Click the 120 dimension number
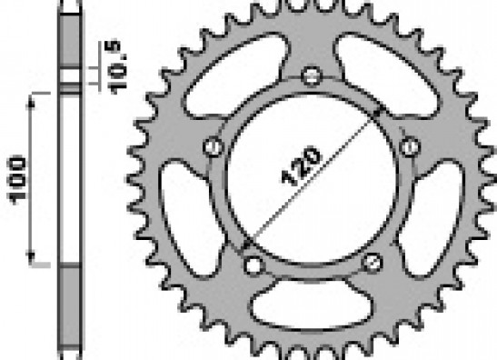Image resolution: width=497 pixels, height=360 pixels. [x=301, y=165]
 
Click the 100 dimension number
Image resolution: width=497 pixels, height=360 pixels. [x=16, y=180]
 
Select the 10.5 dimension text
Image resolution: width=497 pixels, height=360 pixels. [x=116, y=67]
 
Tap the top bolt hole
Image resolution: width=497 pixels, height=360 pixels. [x=312, y=76]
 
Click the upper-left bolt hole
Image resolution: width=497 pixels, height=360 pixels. [x=213, y=147]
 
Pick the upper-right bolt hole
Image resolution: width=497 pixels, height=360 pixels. [x=410, y=147]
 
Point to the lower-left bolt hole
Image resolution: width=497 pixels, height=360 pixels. [x=253, y=265]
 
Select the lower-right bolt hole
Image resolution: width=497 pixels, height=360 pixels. [x=373, y=263]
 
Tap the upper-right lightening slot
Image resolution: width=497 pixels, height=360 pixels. [x=387, y=75]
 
